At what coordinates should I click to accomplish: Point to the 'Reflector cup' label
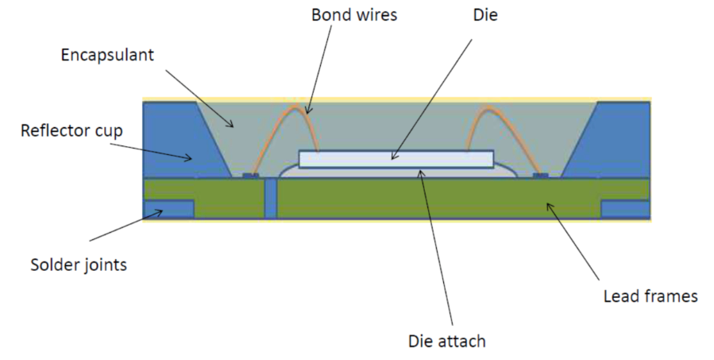[72, 130]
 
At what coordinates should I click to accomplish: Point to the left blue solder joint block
[168, 208]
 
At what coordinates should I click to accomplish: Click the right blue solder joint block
[625, 208]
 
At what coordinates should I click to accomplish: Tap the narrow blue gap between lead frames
[271, 198]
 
